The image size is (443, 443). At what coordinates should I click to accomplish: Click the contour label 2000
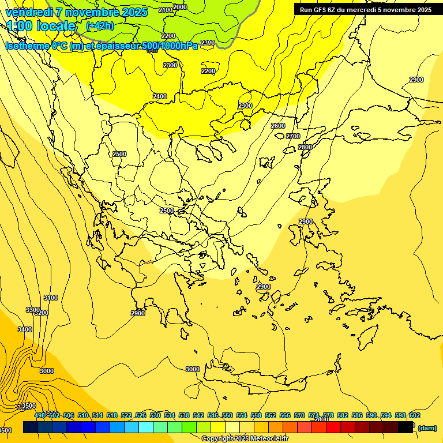(180, 7)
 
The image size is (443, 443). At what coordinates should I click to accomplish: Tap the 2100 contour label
(165, 10)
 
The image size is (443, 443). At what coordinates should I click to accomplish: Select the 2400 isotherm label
(160, 96)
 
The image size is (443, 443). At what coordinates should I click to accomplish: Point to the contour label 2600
(278, 126)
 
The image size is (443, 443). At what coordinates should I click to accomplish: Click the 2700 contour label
(293, 136)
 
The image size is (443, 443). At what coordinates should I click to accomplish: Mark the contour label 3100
(51, 298)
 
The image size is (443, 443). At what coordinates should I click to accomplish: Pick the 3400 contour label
(25, 329)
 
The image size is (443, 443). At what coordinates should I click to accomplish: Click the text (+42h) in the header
(100, 25)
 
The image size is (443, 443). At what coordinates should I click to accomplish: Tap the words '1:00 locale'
(41, 26)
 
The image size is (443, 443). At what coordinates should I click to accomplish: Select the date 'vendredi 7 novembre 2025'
(77, 12)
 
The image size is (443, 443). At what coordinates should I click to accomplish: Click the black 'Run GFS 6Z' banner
(366, 9)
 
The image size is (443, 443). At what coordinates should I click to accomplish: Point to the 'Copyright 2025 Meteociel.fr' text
(245, 439)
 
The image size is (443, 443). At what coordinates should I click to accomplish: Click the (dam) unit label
(426, 427)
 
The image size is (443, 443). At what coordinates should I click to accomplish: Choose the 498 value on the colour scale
(40, 415)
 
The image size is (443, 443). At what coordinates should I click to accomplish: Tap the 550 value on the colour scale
(227, 415)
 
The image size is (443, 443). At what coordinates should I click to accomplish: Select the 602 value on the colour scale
(415, 415)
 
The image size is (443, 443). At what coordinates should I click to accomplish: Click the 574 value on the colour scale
(314, 415)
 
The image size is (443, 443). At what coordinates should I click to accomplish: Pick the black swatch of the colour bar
(406, 427)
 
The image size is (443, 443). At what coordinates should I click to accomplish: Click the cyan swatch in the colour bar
(146, 427)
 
